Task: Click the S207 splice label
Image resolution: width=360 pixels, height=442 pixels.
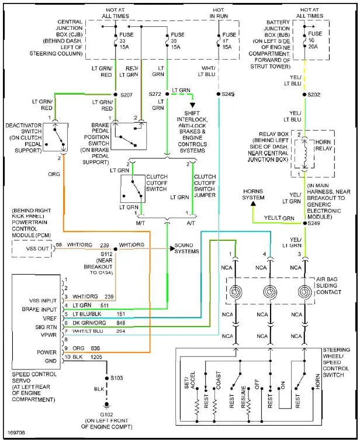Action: coord(128,94)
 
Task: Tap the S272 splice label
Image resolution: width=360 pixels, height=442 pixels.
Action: coord(155,94)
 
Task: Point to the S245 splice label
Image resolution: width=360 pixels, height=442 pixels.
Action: coord(228,94)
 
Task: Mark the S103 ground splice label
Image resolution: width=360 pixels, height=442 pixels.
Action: coord(116,378)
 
